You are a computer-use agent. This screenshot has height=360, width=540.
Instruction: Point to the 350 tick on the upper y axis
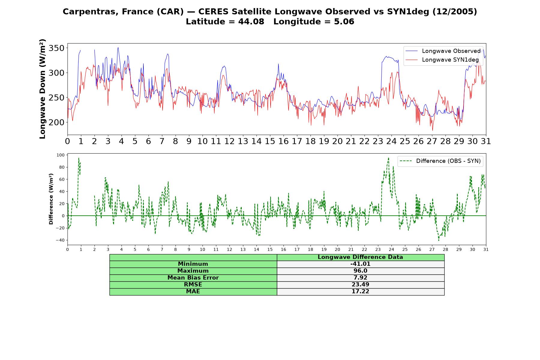click(56, 48)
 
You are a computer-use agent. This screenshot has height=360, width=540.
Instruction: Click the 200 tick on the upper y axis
click(56, 122)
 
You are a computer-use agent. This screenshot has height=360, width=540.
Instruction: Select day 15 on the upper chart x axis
click(270, 141)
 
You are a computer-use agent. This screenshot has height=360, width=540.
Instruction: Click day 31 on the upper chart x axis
click(486, 141)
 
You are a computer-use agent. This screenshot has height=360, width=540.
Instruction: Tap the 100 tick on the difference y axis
click(60, 155)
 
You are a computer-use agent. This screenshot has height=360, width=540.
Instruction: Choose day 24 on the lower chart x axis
click(391, 249)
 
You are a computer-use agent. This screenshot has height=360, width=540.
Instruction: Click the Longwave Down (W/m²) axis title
click(42, 89)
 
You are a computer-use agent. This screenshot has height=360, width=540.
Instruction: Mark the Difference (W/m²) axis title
click(51, 199)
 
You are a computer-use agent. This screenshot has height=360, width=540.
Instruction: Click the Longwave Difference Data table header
click(360, 257)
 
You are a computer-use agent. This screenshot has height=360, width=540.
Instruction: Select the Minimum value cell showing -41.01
click(360, 264)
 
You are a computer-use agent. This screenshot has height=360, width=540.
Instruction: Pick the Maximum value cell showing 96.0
click(360, 271)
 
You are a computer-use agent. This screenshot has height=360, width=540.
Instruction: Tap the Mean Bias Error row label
click(193, 278)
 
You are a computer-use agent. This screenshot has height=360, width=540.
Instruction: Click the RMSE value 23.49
click(360, 285)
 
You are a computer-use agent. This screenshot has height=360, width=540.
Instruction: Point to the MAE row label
click(193, 292)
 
